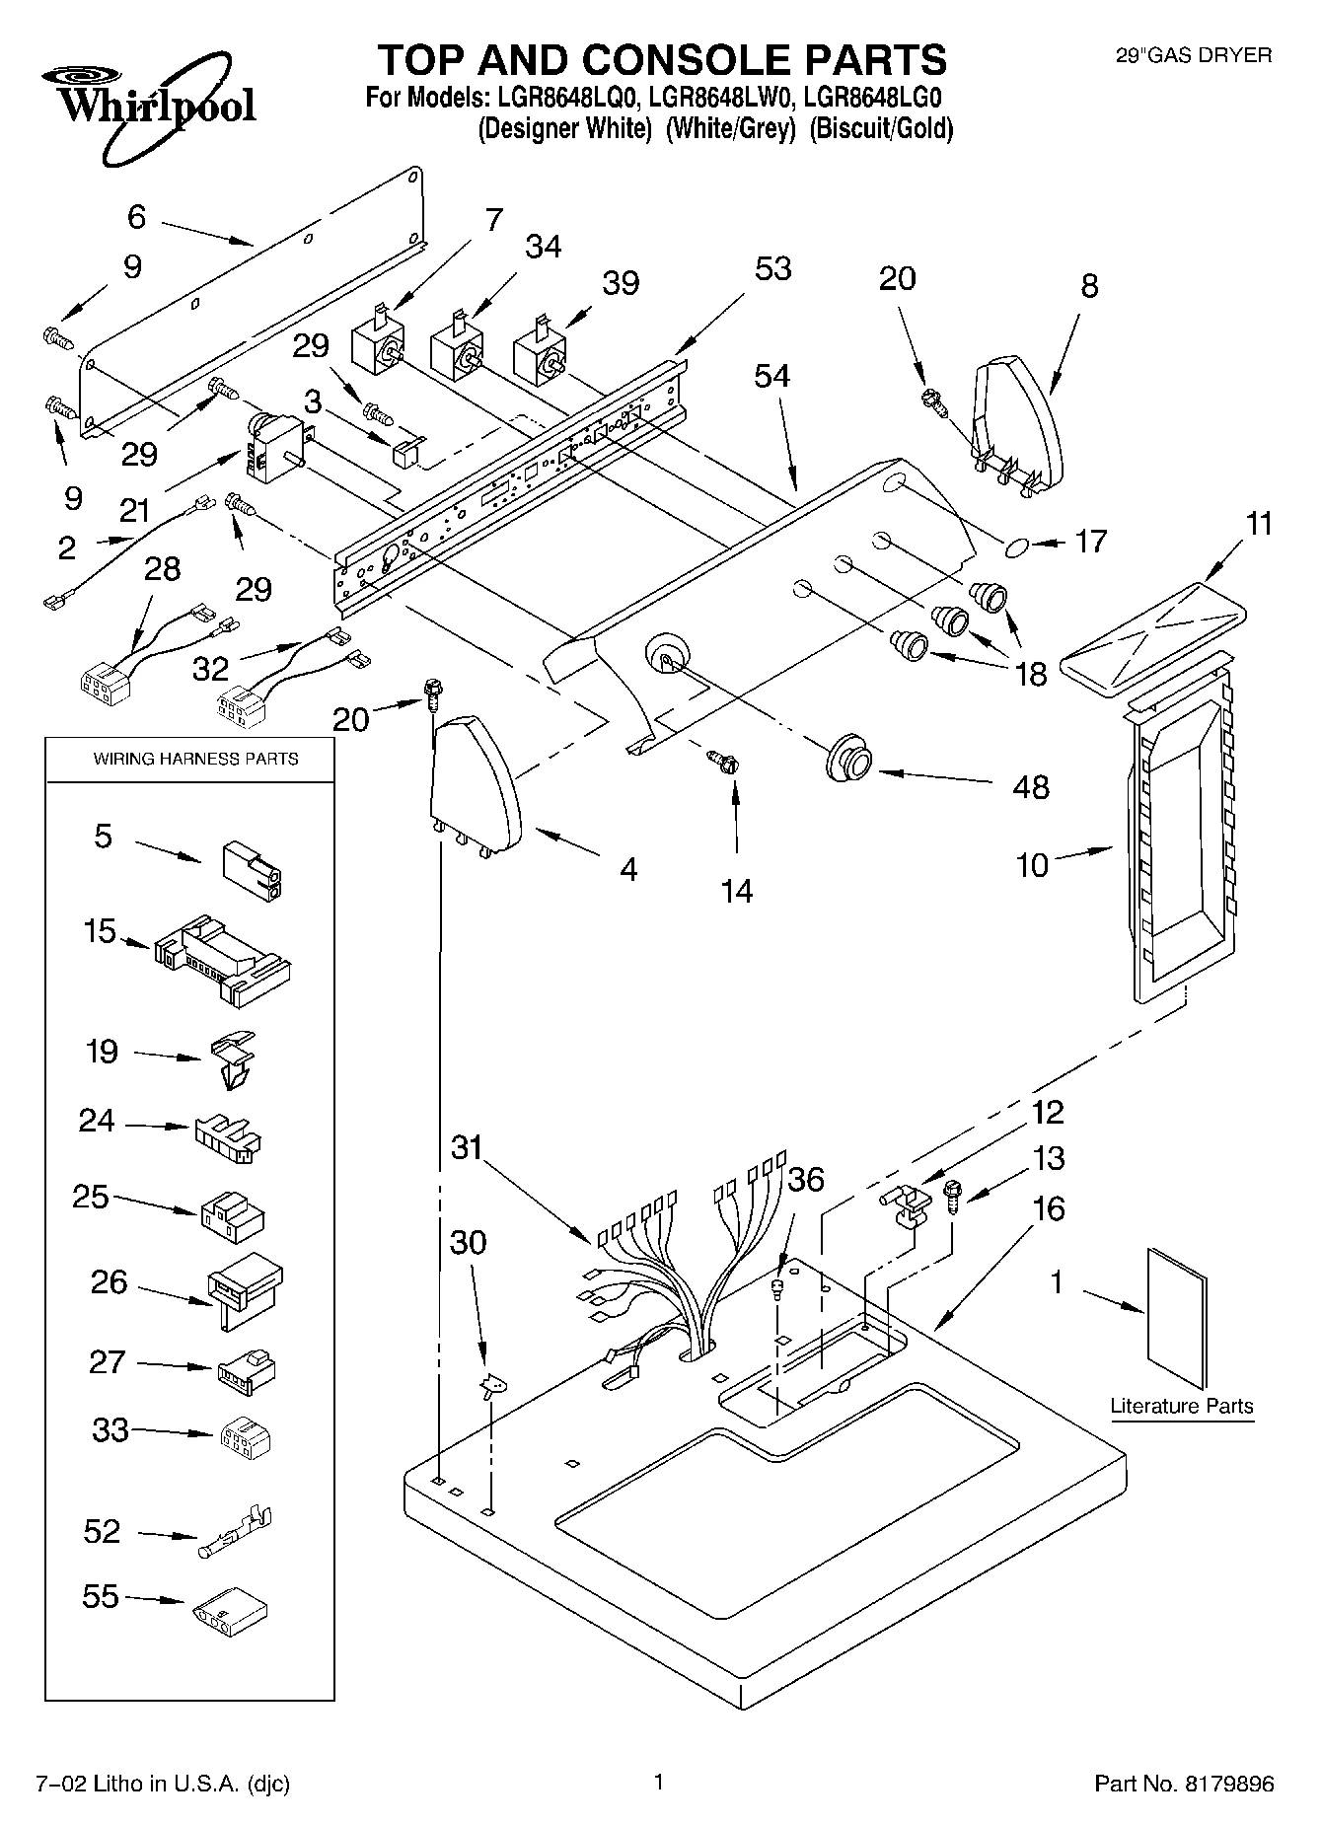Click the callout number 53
click(772, 268)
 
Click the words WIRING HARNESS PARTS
click(195, 759)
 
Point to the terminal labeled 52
click(237, 1531)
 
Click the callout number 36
click(806, 1179)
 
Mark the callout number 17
click(1090, 541)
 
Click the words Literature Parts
click(1181, 1406)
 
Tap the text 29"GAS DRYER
click(1193, 56)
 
